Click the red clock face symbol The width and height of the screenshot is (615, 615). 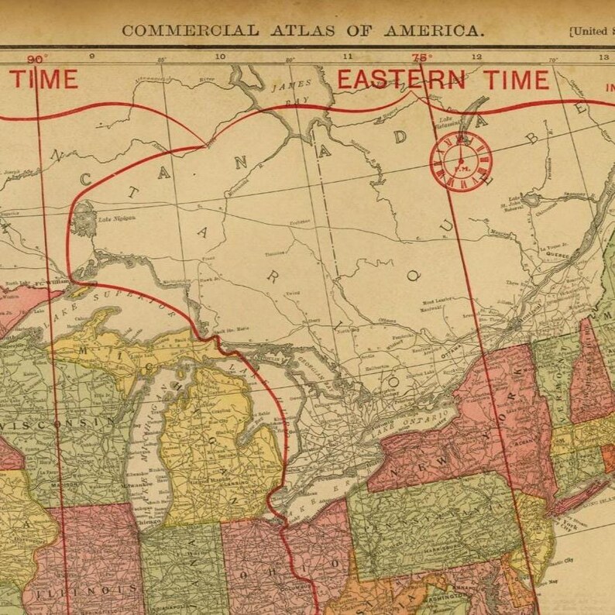pos(461,160)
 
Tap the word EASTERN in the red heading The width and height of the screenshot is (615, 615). pos(400,79)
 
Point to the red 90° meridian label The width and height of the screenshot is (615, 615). pos(36,59)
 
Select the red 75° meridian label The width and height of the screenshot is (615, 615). pos(422,57)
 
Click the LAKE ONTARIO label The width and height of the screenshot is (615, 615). pos(418,418)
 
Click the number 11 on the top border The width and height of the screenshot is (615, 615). pos(347,57)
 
